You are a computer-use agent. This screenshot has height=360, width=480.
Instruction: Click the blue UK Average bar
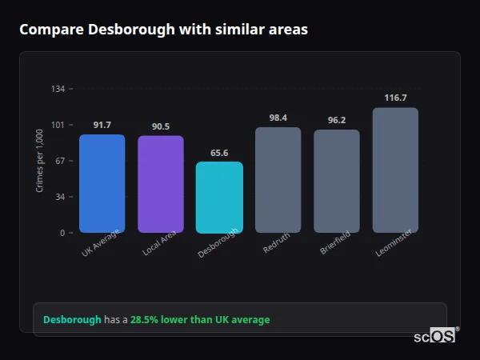tap(102, 183)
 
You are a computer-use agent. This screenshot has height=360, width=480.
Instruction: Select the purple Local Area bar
tap(161, 184)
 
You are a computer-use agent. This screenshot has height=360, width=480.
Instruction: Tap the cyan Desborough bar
tap(219, 197)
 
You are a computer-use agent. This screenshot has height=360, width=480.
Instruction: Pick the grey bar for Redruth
tap(278, 180)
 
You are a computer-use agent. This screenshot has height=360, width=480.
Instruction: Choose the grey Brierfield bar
tap(337, 181)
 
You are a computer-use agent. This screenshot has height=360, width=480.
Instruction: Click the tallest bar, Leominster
tap(395, 170)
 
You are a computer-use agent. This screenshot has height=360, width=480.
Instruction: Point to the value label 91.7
tap(102, 125)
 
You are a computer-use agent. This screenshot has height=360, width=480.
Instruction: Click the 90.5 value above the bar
tap(161, 126)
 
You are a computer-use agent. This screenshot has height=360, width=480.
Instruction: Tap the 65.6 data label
tap(219, 153)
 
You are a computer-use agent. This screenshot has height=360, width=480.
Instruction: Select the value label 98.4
tap(278, 118)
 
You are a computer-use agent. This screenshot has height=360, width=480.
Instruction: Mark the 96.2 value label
tap(337, 120)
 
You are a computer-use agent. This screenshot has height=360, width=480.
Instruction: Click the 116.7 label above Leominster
tap(395, 98)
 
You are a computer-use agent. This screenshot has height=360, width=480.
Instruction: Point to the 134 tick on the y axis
tap(58, 89)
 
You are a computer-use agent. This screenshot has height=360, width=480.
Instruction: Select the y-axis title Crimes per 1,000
tap(40, 161)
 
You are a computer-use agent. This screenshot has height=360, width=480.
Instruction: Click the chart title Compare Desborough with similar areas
tap(163, 29)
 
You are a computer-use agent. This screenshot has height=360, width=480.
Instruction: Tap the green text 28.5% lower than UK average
tap(200, 319)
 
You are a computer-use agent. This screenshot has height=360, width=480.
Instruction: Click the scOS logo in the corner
tap(435, 336)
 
